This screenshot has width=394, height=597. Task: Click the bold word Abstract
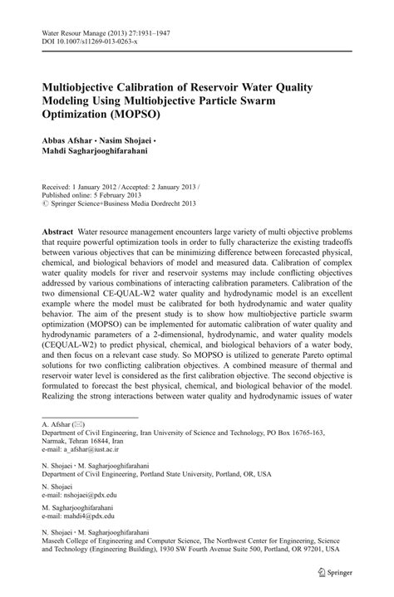(59, 229)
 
